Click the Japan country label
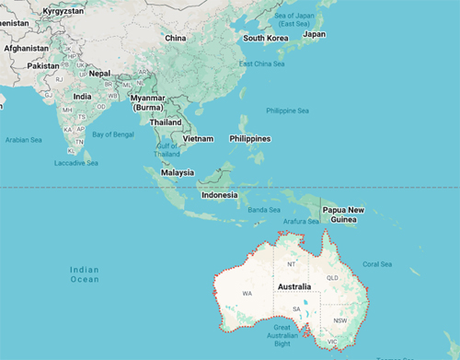coord(315,34)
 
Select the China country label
coord(175,38)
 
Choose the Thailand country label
coord(166,122)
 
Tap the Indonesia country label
coord(221,194)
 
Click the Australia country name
coord(300,287)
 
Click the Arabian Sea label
coord(24,140)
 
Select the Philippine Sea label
coord(287,110)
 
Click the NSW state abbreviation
coord(341,320)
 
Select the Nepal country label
coord(99,73)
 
